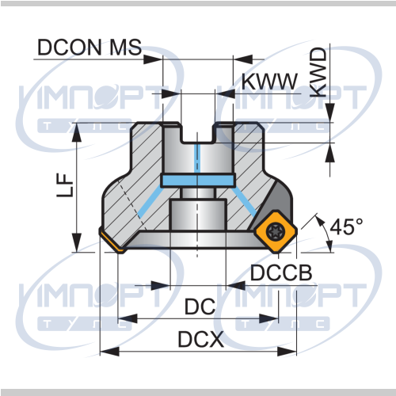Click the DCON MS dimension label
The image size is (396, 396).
click(89, 48)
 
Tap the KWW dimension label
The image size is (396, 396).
click(269, 82)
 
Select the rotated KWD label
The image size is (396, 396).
click(319, 72)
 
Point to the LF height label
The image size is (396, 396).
click(65, 185)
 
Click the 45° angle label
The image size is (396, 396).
click(346, 227)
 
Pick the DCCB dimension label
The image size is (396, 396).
click(281, 272)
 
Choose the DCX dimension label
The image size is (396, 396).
click(201, 339)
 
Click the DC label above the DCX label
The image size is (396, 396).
click(200, 307)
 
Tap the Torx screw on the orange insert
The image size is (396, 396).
click(275, 231)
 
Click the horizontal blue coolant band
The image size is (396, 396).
click(198, 181)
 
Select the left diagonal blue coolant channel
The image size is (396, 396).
click(150, 201)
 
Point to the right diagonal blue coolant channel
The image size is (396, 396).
click(245, 201)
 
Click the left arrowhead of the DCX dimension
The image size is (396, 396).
click(109, 352)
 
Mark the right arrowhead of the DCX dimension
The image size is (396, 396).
click(287, 352)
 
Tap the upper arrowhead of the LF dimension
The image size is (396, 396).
click(77, 133)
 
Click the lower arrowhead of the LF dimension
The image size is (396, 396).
click(77, 242)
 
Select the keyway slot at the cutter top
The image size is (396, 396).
click(198, 133)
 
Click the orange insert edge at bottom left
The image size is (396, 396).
click(111, 241)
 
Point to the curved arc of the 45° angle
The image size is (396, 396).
click(326, 232)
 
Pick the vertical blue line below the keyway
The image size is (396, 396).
click(197, 158)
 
